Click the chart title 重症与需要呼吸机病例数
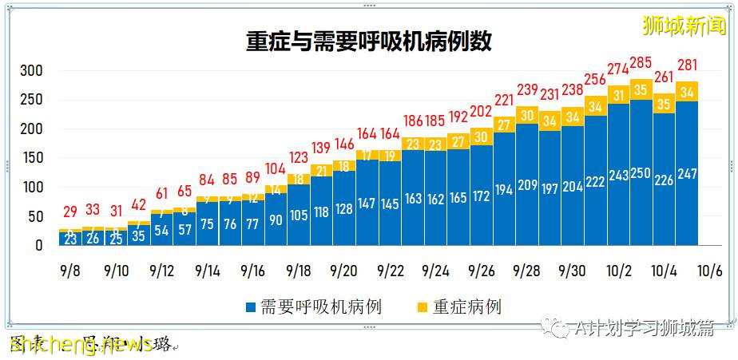coord(368,41)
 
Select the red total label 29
coord(69,212)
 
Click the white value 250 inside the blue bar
coord(641,173)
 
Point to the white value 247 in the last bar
coord(687,173)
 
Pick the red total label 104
coord(275,168)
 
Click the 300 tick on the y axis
coord(31,71)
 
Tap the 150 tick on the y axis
coord(31,158)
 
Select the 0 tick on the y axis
coord(38,246)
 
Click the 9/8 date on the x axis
coord(69,271)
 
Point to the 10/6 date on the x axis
coord(710,271)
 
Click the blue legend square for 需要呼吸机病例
coord(251,307)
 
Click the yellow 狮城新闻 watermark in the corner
coord(685,25)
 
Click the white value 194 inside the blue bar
coord(503,190)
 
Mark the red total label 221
coord(503,100)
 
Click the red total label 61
coord(161,192)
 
